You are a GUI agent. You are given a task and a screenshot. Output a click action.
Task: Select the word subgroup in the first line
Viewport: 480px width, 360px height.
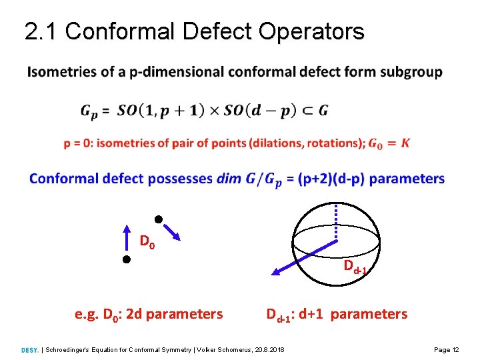pos(411,72)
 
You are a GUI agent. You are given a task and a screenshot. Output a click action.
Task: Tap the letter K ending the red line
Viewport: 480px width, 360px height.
pos(405,143)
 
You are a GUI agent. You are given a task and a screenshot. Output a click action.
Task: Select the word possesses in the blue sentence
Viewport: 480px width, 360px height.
pos(180,179)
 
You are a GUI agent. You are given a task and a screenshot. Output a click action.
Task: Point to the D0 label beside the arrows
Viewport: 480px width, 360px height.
pos(147,241)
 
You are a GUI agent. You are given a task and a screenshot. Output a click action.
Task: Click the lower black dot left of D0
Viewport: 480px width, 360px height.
pos(125,260)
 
